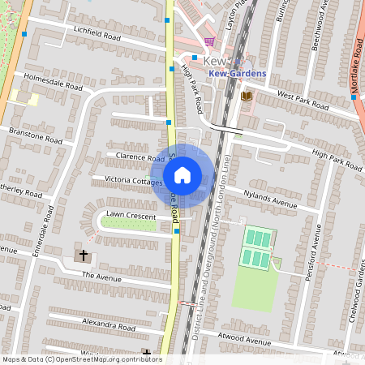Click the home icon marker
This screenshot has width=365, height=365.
(x=182, y=174)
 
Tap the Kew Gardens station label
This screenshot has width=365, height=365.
(x=238, y=74)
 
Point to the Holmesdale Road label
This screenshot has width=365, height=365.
(x=54, y=81)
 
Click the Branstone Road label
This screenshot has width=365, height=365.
(x=35, y=135)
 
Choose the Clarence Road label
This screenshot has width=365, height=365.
(x=140, y=157)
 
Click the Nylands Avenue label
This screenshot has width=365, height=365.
(x=272, y=197)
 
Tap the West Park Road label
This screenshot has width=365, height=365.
(x=303, y=100)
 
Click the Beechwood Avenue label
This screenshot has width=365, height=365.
(x=318, y=28)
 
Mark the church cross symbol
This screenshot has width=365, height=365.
(x=83, y=256)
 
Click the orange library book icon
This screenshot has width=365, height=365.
(x=247, y=97)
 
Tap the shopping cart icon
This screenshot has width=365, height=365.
(x=209, y=42)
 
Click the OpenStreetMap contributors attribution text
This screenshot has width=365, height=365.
(x=82, y=359)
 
